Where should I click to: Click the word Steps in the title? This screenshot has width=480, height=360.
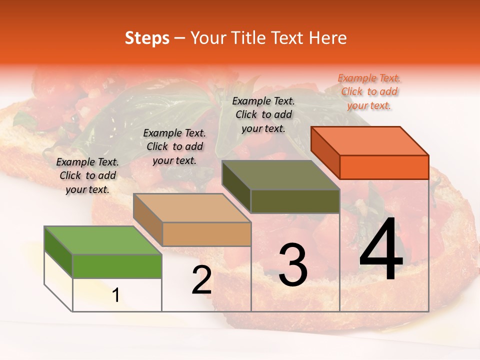[147, 38]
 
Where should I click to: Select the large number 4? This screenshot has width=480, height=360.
[381, 250]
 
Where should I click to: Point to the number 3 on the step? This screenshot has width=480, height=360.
[292, 265]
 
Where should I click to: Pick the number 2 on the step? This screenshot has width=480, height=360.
[201, 280]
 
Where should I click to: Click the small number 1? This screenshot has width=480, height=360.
[115, 295]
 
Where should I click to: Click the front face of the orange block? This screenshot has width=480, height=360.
[384, 167]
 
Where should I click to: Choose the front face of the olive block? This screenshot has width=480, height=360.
[295, 201]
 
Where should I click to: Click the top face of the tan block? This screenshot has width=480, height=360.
[192, 208]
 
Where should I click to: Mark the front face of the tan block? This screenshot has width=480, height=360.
[206, 234]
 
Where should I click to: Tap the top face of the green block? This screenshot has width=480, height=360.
[102, 240]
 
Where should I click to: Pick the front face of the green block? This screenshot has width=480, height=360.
[117, 266]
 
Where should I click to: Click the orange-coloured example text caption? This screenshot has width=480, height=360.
[369, 91]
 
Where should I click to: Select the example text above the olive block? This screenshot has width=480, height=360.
[263, 114]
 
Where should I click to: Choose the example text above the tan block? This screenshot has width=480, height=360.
[174, 146]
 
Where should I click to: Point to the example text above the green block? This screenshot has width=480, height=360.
[87, 175]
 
